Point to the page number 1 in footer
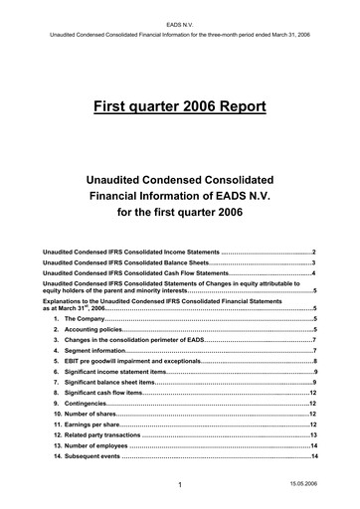click(x=171, y=485)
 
